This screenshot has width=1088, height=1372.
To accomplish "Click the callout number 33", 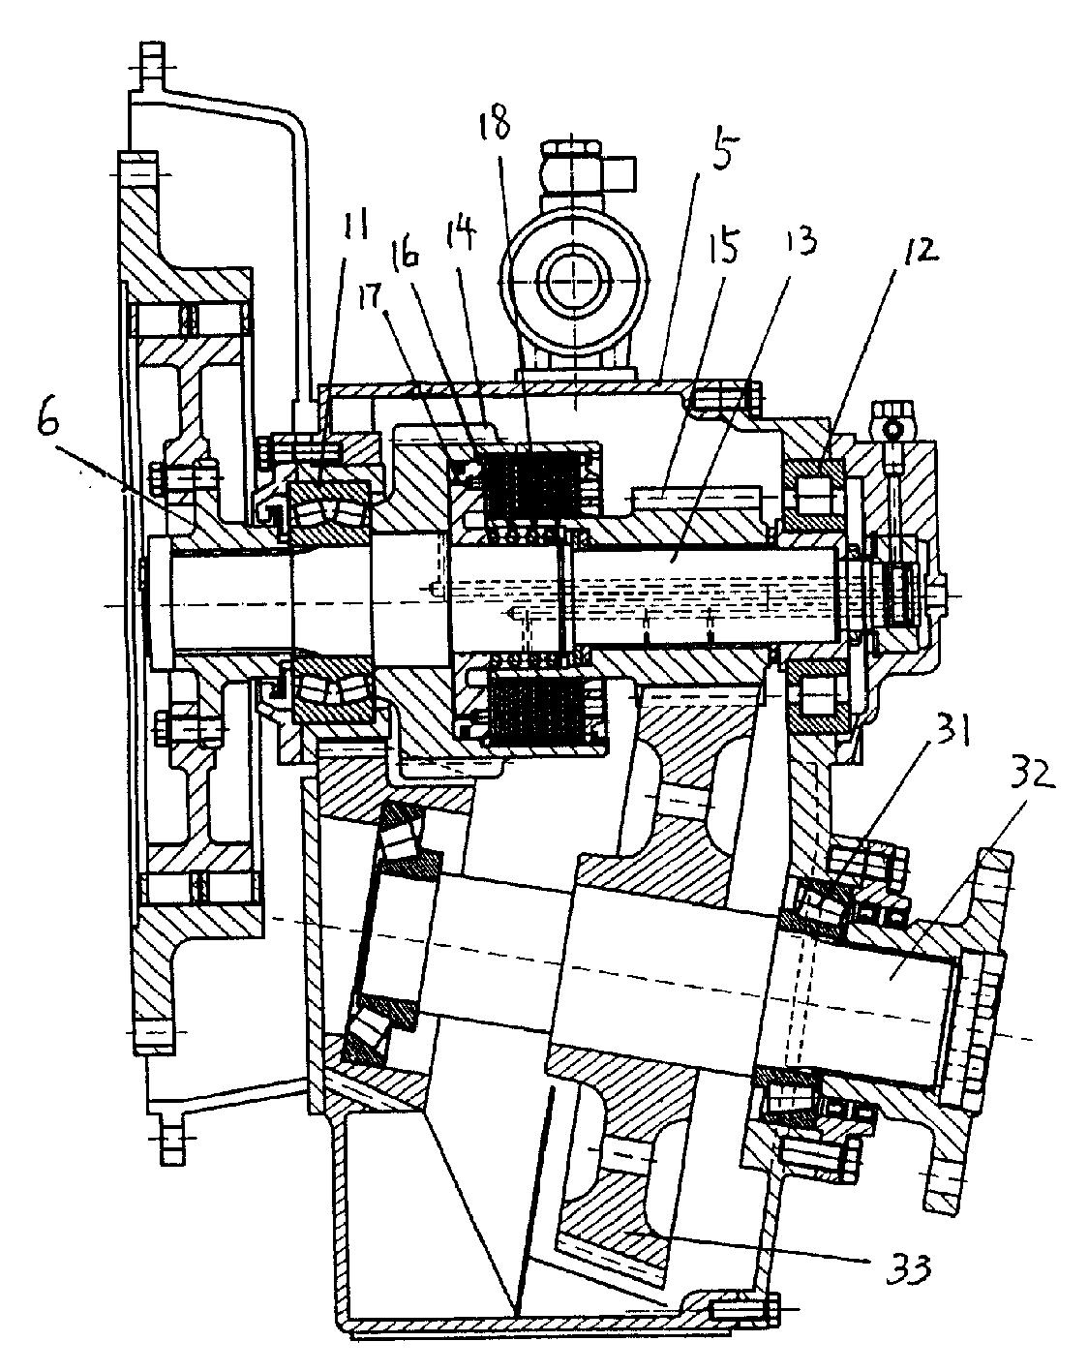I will click(x=908, y=1265).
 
